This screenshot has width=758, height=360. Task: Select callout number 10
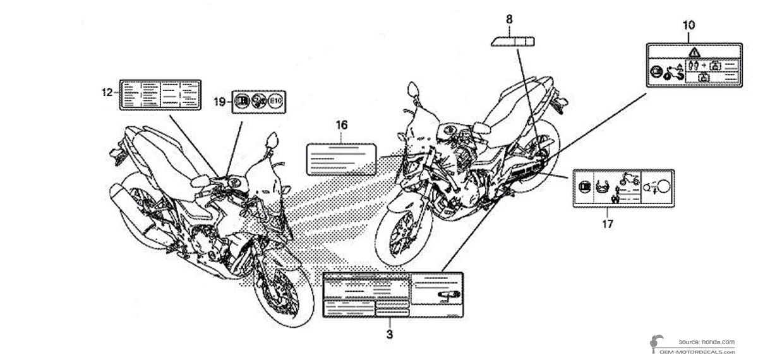pyautogui.click(x=689, y=25)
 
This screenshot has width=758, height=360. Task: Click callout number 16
pyautogui.click(x=341, y=125)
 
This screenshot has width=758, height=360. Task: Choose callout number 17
pyautogui.click(x=607, y=222)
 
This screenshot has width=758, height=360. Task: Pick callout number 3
pyautogui.click(x=390, y=332)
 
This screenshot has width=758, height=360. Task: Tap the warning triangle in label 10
pyautogui.click(x=694, y=52)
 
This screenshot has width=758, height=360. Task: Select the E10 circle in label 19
pyautogui.click(x=275, y=100)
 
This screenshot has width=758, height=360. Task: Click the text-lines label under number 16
pyautogui.click(x=342, y=159)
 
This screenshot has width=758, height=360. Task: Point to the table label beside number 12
pyautogui.click(x=160, y=95)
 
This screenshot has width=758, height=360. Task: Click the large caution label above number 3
pyautogui.click(x=394, y=295)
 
